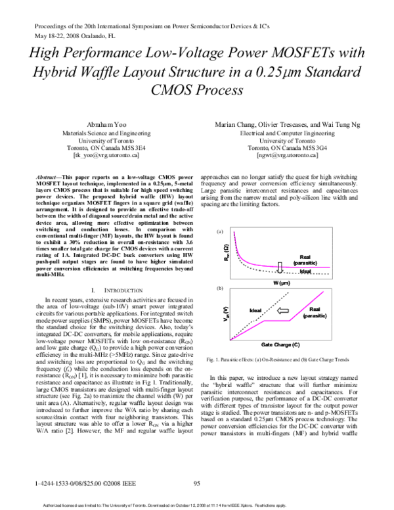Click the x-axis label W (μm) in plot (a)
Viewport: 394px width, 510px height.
pos(280,283)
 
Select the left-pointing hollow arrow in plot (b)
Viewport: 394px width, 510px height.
pos(284,310)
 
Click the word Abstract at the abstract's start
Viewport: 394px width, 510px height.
pos(51,177)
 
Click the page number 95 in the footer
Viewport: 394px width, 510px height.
pos(196,484)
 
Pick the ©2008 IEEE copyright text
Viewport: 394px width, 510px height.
pos(110,484)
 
